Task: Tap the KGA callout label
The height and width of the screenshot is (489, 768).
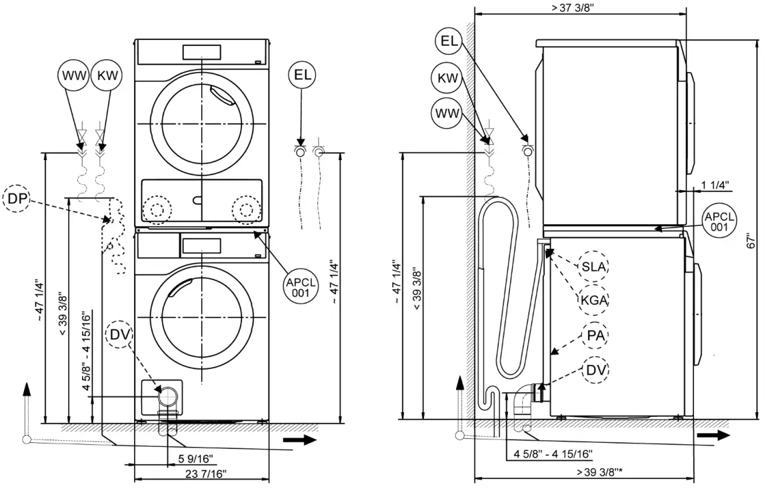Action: pyautogui.click(x=593, y=300)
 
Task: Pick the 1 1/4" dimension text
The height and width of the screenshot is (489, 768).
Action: pyautogui.click(x=715, y=184)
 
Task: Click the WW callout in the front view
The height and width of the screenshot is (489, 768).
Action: pyautogui.click(x=75, y=76)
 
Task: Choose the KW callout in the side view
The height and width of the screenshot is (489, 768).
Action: pyautogui.click(x=448, y=78)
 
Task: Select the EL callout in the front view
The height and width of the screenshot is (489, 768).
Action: pyautogui.click(x=303, y=75)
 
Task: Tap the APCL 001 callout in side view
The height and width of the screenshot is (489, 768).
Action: pyautogui.click(x=719, y=221)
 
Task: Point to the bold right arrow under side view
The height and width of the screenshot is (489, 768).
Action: pyautogui.click(x=713, y=435)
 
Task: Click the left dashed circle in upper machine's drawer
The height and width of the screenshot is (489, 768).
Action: pyautogui.click(x=157, y=209)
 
